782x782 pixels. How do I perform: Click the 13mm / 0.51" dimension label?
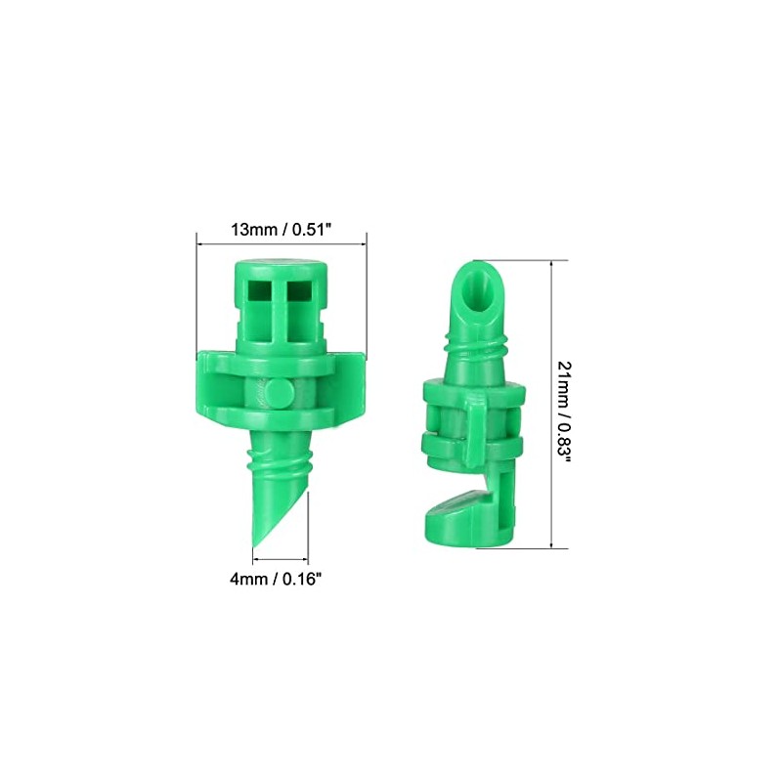(281, 231)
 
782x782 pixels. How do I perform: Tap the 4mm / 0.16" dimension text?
(281, 578)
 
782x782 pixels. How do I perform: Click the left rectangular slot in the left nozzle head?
(260, 290)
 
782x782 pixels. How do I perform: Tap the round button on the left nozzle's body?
(280, 393)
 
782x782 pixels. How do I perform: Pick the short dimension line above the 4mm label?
(282, 560)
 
